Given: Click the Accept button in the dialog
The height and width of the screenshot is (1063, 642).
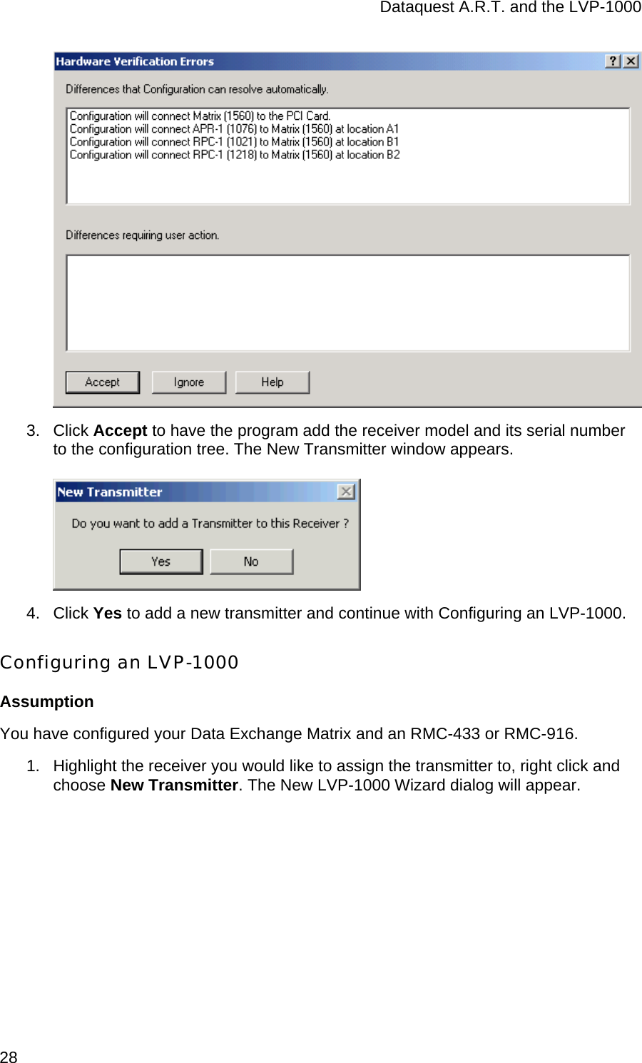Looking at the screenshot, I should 102,382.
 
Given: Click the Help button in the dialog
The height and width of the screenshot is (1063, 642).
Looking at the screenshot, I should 272,382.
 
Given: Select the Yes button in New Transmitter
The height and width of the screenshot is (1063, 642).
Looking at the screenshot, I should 160,561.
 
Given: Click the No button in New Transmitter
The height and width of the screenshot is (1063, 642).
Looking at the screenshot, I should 251,561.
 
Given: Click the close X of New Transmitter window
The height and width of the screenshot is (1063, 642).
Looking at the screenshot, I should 346,492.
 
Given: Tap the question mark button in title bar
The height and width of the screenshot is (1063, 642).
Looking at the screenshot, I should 613,61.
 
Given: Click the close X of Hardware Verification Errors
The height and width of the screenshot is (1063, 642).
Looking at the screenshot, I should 631,61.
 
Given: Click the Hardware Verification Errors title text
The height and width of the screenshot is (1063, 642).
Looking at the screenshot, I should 135,61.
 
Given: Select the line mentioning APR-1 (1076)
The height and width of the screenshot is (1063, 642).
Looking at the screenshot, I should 234,129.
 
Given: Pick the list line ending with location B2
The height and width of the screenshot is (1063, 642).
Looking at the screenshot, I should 234,155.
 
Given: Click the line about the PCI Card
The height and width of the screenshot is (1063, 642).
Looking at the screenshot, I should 200,116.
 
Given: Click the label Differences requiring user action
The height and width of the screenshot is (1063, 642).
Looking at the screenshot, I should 142,235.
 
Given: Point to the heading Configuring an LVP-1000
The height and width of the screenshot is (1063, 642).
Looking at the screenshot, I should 119,662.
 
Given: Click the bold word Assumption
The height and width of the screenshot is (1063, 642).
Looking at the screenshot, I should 47,702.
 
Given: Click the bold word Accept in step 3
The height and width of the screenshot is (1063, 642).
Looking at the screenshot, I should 120,431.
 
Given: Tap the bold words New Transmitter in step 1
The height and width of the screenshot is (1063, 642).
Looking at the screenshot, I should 174,785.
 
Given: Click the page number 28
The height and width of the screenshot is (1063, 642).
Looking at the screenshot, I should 9,1057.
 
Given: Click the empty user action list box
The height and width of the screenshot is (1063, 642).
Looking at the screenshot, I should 347,303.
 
